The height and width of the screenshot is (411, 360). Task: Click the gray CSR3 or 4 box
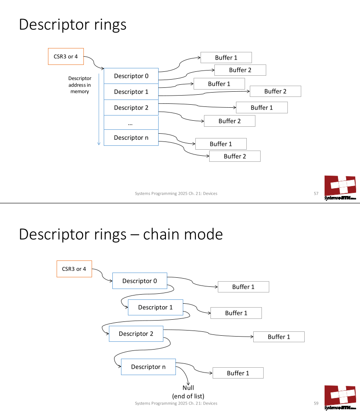click(x=66, y=57)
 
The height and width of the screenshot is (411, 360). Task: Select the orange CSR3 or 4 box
click(x=74, y=269)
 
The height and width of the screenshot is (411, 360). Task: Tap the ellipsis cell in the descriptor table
click(x=131, y=123)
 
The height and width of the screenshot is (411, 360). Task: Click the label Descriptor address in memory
click(x=80, y=85)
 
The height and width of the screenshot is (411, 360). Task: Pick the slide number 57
click(x=316, y=193)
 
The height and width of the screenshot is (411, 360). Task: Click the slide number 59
click(x=316, y=404)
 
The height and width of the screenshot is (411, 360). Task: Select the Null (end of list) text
click(x=188, y=392)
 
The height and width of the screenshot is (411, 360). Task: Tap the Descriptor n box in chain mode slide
click(x=148, y=367)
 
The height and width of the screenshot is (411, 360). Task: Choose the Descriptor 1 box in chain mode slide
click(x=155, y=307)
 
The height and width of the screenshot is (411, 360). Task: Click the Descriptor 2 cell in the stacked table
click(x=131, y=108)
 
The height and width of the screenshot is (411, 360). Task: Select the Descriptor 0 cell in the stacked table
click(x=131, y=76)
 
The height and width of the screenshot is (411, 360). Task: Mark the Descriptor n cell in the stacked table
click(x=131, y=138)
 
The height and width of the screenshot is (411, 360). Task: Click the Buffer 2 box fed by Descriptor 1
click(x=275, y=91)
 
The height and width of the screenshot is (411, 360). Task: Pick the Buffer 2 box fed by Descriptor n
click(x=235, y=156)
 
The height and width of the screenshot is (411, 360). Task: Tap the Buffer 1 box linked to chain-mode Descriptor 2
click(x=279, y=337)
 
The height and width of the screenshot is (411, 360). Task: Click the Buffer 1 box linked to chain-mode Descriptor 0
click(x=243, y=286)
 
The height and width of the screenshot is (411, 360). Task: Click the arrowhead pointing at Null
click(x=188, y=383)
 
